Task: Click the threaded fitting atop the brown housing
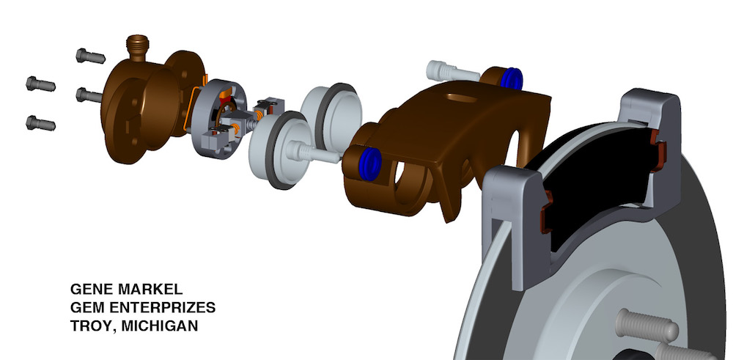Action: click(x=139, y=48)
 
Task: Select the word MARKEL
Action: click(x=150, y=289)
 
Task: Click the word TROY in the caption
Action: click(x=92, y=326)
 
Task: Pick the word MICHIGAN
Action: click(x=159, y=326)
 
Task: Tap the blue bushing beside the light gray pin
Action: click(x=510, y=78)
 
